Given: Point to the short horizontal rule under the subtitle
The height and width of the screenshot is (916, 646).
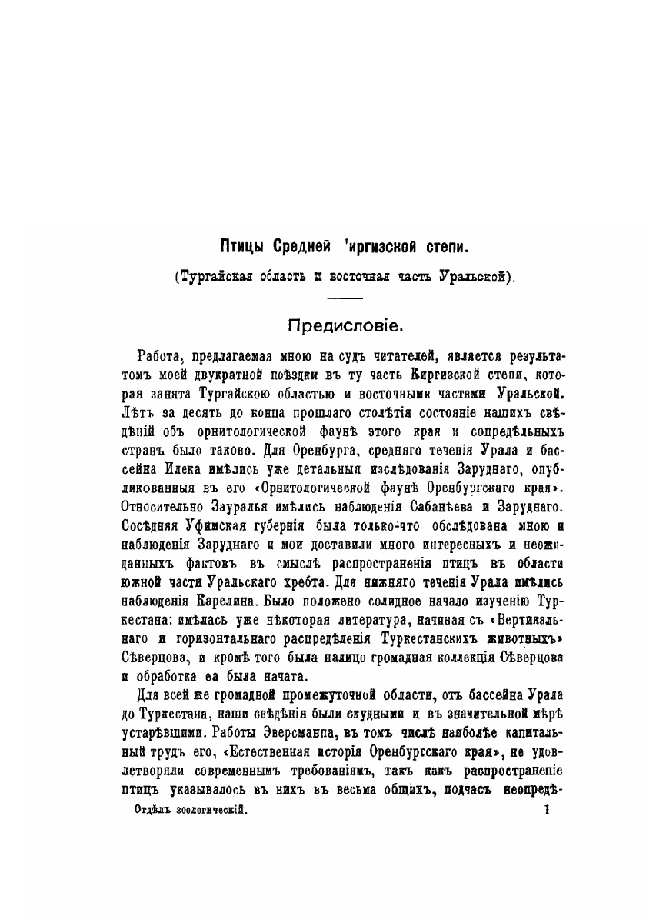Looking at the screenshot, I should point(349,298).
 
